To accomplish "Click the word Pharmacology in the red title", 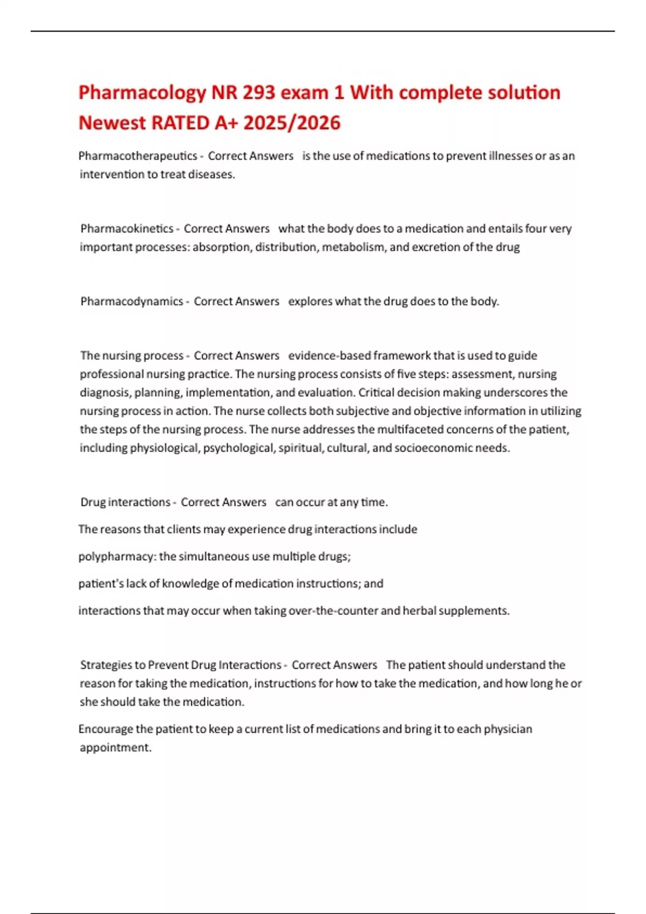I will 142,93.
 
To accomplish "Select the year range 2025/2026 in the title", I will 292,123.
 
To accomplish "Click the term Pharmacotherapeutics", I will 138,156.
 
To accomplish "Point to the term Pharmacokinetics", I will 127,228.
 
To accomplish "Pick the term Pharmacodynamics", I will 132,301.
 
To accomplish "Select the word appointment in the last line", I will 115,747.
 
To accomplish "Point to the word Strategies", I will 106,665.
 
